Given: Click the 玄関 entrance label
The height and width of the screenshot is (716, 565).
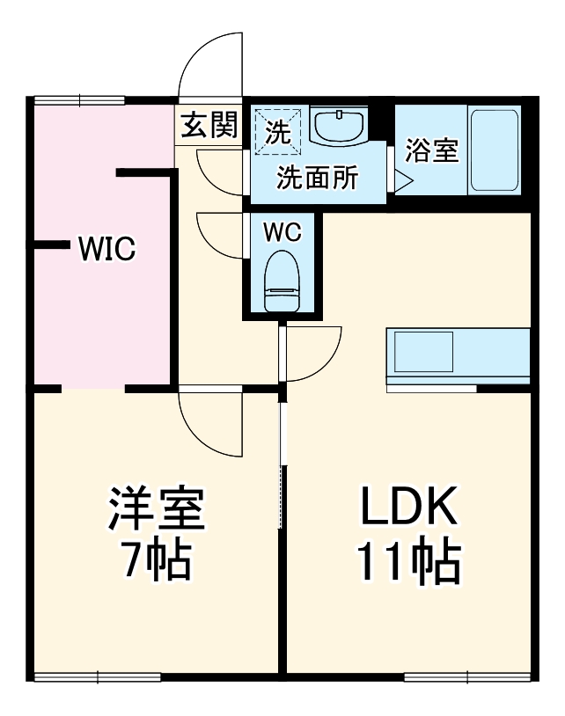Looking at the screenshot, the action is click(209, 126).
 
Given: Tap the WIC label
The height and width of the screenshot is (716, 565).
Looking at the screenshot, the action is click(106, 249).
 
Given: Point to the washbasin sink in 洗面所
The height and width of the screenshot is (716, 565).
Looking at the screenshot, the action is click(339, 127).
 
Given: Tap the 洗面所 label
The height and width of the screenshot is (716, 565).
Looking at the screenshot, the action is click(318, 178).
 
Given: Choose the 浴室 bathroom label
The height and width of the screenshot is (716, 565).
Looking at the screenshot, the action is click(431, 150).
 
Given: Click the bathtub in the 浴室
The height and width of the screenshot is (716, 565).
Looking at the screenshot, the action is click(495, 150).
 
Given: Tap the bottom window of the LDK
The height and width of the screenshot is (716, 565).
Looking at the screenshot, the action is click(467, 676).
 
